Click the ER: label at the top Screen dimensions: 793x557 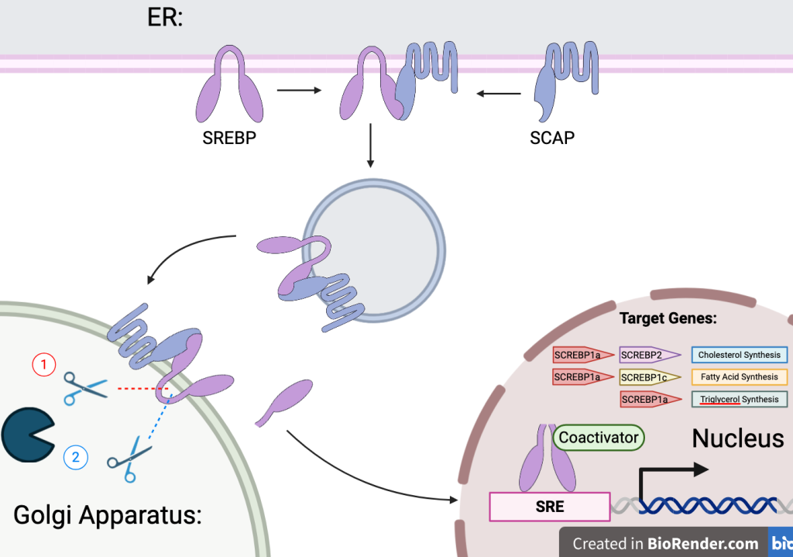[x=165, y=17]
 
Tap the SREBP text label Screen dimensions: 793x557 [x=229, y=138]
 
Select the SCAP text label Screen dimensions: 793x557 [x=551, y=138]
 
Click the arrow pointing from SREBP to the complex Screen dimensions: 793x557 [x=299, y=90]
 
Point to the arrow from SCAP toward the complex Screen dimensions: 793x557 [x=499, y=94]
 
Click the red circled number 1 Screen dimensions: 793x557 [x=44, y=364]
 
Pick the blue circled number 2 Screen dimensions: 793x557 [x=76, y=457]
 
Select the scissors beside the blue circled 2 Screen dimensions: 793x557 [x=129, y=459]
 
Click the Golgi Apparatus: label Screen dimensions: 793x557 [x=107, y=515]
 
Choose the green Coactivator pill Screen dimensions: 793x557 [x=599, y=438]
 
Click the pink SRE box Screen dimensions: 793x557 [x=550, y=507]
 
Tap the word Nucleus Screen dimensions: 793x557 [x=738, y=438]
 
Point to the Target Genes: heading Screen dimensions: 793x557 [x=668, y=318]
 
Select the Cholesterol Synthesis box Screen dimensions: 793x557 [x=740, y=355]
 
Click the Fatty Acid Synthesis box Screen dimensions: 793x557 [x=740, y=377]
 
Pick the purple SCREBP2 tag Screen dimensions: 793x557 [x=650, y=355]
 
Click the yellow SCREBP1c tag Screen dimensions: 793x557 [x=650, y=377]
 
